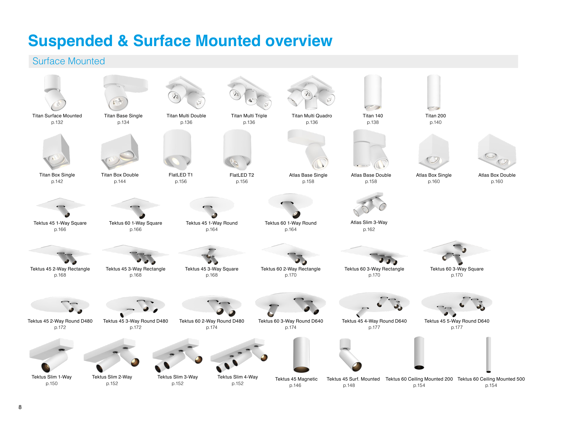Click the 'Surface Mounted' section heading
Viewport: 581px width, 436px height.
pos(69,61)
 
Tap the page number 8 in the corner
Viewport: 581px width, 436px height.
pos(20,407)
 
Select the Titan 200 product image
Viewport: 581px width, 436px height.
pos(434,92)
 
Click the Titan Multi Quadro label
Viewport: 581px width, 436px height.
pos(312,116)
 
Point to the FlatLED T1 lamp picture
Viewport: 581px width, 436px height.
pos(177,150)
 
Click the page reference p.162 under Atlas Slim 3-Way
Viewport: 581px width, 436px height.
pos(369,230)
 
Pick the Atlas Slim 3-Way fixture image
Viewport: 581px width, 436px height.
pos(370,203)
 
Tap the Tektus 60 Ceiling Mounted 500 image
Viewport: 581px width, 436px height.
pos(488,355)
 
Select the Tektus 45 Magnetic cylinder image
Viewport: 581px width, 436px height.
pos(301,355)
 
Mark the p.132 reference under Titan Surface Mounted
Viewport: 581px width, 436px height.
pos(57,122)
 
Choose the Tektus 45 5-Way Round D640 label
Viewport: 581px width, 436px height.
pos(457,321)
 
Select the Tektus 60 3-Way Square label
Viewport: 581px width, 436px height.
pos(457,269)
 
